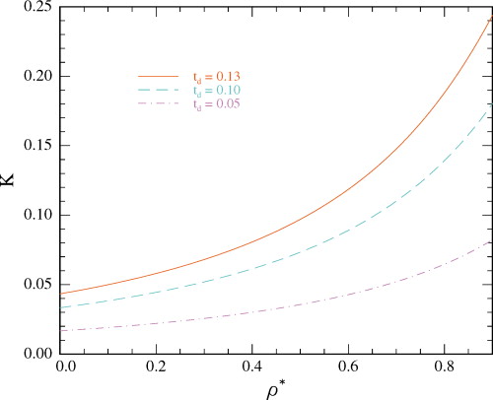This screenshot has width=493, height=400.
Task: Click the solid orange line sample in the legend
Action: tap(158, 76)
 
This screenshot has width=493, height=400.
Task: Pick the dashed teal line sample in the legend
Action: tap(158, 89)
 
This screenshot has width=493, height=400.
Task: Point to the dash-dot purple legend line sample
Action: tap(158, 101)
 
